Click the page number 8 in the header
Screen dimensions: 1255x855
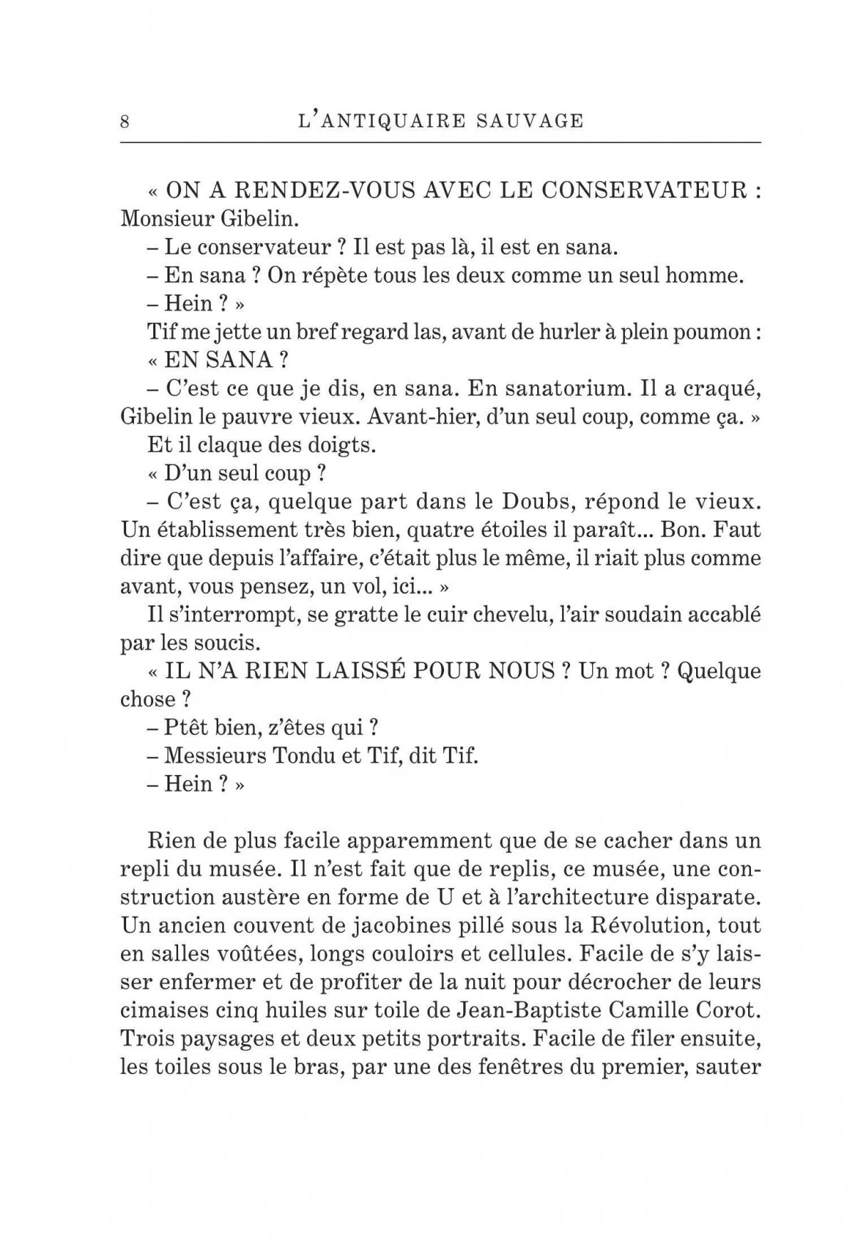pos(125,121)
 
